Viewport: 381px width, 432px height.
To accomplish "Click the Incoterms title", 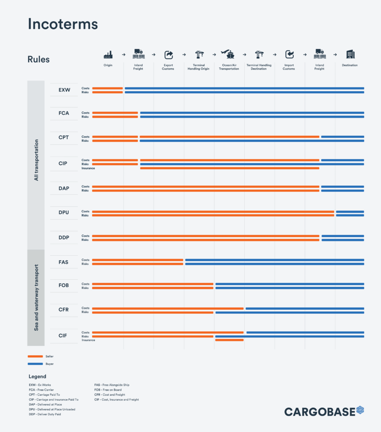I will tap(62, 24).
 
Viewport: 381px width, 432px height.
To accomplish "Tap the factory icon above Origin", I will tap(108, 54).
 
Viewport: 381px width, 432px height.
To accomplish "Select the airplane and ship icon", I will tap(229, 54).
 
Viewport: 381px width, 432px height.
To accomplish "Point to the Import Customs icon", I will tap(289, 54).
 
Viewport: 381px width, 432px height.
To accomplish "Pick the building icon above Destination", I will tap(350, 54).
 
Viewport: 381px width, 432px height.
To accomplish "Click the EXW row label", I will tap(64, 90).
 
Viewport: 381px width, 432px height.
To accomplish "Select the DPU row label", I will tap(64, 213).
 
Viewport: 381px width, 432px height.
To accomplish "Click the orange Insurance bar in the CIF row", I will tap(229, 340).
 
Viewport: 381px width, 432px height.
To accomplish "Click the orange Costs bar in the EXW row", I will tap(107, 88).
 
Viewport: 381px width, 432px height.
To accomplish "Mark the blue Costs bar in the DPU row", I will tap(350, 211).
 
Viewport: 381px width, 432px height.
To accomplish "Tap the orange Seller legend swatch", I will tap(35, 356).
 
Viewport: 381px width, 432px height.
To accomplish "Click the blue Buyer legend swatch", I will tap(35, 364).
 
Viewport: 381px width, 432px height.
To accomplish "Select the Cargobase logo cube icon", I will tap(360, 410).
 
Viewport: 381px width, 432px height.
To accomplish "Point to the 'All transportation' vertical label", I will tap(36, 160).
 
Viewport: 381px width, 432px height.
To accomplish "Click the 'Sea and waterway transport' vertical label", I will tap(36, 297).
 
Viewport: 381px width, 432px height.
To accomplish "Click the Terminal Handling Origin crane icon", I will tap(199, 54).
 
